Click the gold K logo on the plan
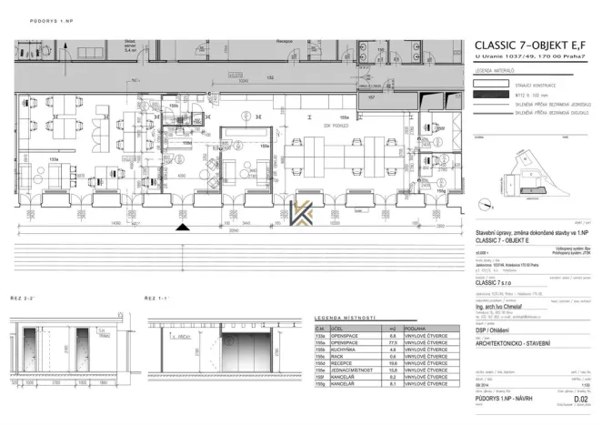pyautogui.click(x=303, y=211)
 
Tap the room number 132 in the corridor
pyautogui.click(x=269, y=78)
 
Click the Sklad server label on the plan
pyautogui.click(x=130, y=47)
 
